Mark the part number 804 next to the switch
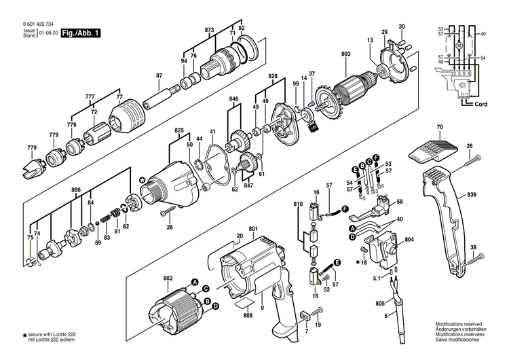pos(409,240)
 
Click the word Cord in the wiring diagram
pos(480,104)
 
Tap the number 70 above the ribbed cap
pos(439,127)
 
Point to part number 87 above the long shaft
pos(159,75)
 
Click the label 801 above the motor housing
pos(253,228)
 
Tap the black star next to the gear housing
pos(142,180)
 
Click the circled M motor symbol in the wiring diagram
pos(458,45)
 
